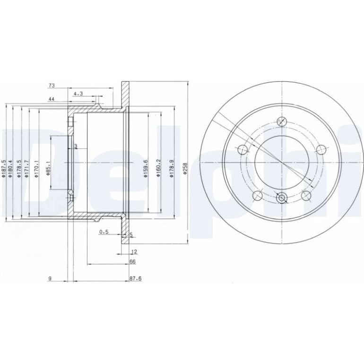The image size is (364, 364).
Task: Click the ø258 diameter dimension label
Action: [185, 168]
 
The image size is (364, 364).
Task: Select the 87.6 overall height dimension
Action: [136, 278]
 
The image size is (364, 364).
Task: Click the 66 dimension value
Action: [132, 261]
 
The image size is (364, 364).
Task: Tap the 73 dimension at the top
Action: [52, 86]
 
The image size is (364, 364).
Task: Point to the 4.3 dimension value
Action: [78, 94]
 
